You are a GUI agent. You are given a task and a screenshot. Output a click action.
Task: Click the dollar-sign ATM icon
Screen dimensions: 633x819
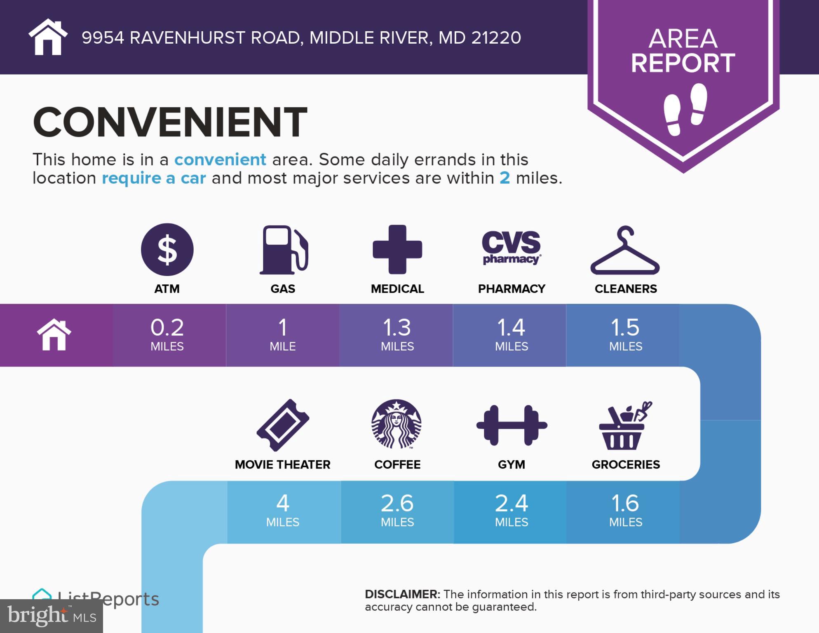tap(167, 249)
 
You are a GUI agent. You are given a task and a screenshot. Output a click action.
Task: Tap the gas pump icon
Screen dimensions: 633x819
tap(284, 250)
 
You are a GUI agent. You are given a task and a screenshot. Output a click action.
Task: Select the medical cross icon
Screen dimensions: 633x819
tap(397, 249)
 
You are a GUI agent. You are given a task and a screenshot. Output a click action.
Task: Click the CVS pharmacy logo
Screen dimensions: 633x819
tap(511, 247)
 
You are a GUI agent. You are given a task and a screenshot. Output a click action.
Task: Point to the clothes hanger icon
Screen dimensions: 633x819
tap(625, 251)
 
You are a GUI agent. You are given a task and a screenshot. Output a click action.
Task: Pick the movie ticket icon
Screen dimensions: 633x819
tap(283, 425)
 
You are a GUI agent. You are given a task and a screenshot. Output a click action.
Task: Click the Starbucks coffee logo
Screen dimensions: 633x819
tap(397, 424)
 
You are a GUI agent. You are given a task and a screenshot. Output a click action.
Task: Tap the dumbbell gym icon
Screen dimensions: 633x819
tap(512, 425)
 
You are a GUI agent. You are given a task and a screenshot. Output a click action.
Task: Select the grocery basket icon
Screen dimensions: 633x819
tap(624, 426)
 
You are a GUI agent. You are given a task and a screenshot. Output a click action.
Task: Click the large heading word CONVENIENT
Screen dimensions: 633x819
tap(170, 122)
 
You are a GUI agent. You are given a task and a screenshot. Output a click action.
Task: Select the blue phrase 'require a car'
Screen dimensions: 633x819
tap(153, 178)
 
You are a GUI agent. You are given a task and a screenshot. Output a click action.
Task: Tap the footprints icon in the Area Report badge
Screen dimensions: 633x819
tap(685, 109)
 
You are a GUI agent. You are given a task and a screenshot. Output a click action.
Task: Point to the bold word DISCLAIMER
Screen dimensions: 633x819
tap(402, 594)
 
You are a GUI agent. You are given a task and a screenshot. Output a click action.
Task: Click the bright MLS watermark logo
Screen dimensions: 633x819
tap(51, 616)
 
